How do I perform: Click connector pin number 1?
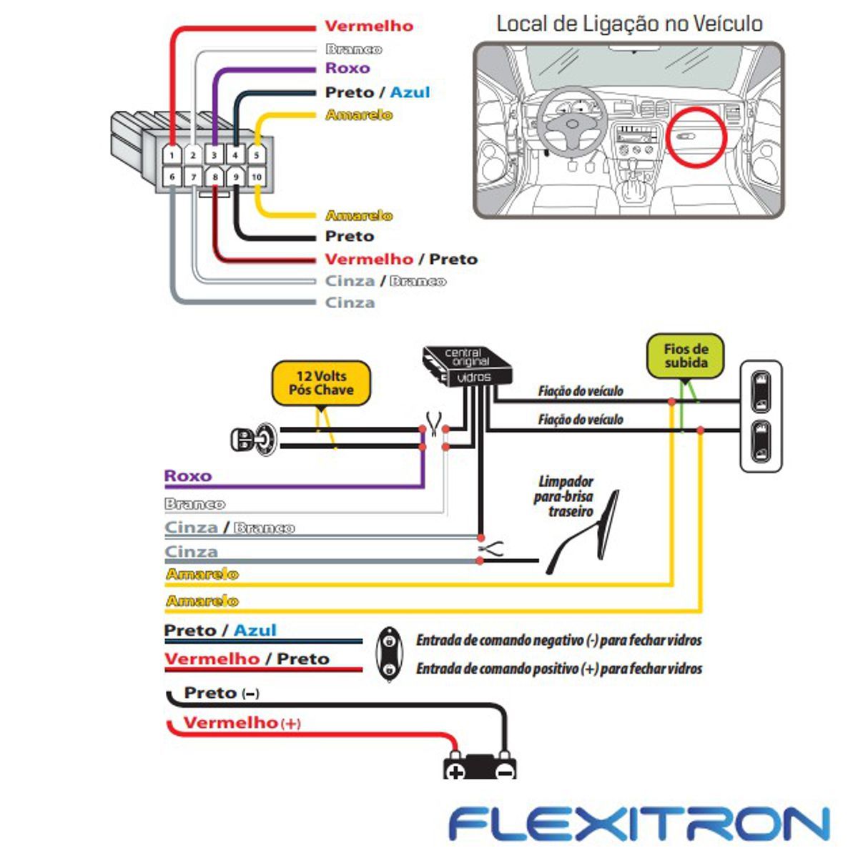(172, 155)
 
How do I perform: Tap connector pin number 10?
(257, 177)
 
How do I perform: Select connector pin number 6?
(172, 177)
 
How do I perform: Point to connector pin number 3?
(214, 155)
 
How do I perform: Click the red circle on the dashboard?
(696, 137)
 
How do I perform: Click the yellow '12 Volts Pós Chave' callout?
(321, 384)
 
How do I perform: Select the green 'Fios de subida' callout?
(685, 356)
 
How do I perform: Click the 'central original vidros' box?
(468, 367)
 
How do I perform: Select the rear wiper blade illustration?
(583, 533)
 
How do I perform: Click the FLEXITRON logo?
(639, 824)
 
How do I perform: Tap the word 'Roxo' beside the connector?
(347, 68)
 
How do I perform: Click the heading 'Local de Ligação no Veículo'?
(630, 24)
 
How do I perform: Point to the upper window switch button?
(761, 393)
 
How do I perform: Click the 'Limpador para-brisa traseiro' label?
(563, 496)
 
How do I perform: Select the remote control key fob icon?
(389, 654)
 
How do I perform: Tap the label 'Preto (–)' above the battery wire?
(222, 693)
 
